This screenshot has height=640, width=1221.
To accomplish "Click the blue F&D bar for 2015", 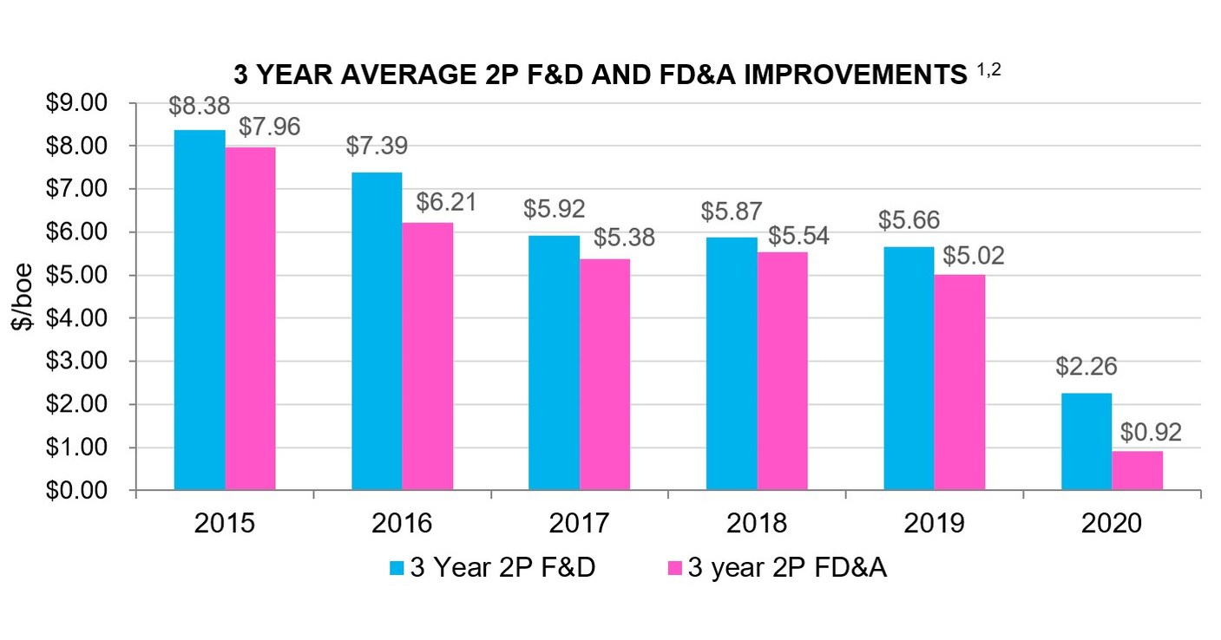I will tap(200, 310).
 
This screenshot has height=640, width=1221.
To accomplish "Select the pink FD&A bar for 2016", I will tap(427, 356).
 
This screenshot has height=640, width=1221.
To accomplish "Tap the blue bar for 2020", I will tap(1086, 441).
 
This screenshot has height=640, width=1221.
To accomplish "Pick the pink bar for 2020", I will tap(1137, 470).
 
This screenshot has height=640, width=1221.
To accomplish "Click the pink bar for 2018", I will tap(782, 371).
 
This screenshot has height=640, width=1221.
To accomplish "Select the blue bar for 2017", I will tap(554, 362).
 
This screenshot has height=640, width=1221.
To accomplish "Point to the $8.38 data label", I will tap(200, 108).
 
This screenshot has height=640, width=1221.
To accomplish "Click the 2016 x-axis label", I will tap(402, 524).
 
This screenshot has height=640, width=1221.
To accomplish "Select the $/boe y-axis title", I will tap(22, 297).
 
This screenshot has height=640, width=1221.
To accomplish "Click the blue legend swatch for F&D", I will tap(397, 568).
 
